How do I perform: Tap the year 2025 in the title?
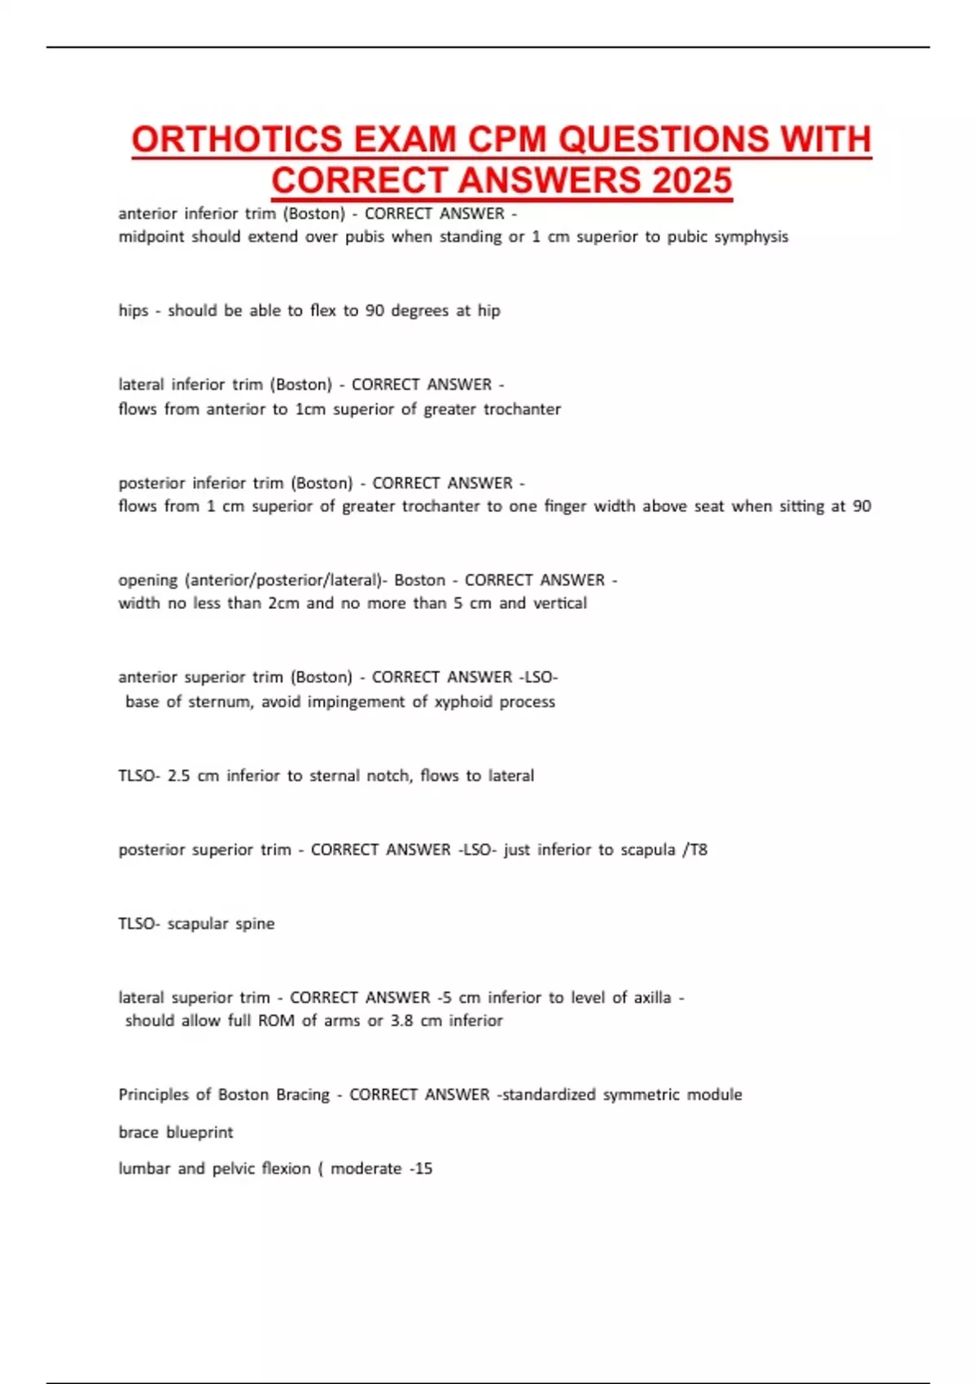(691, 181)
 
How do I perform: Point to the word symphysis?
(752, 237)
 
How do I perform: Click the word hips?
(134, 311)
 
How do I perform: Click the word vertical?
(560, 603)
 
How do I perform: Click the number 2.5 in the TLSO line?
(178, 776)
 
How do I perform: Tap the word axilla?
(652, 997)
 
